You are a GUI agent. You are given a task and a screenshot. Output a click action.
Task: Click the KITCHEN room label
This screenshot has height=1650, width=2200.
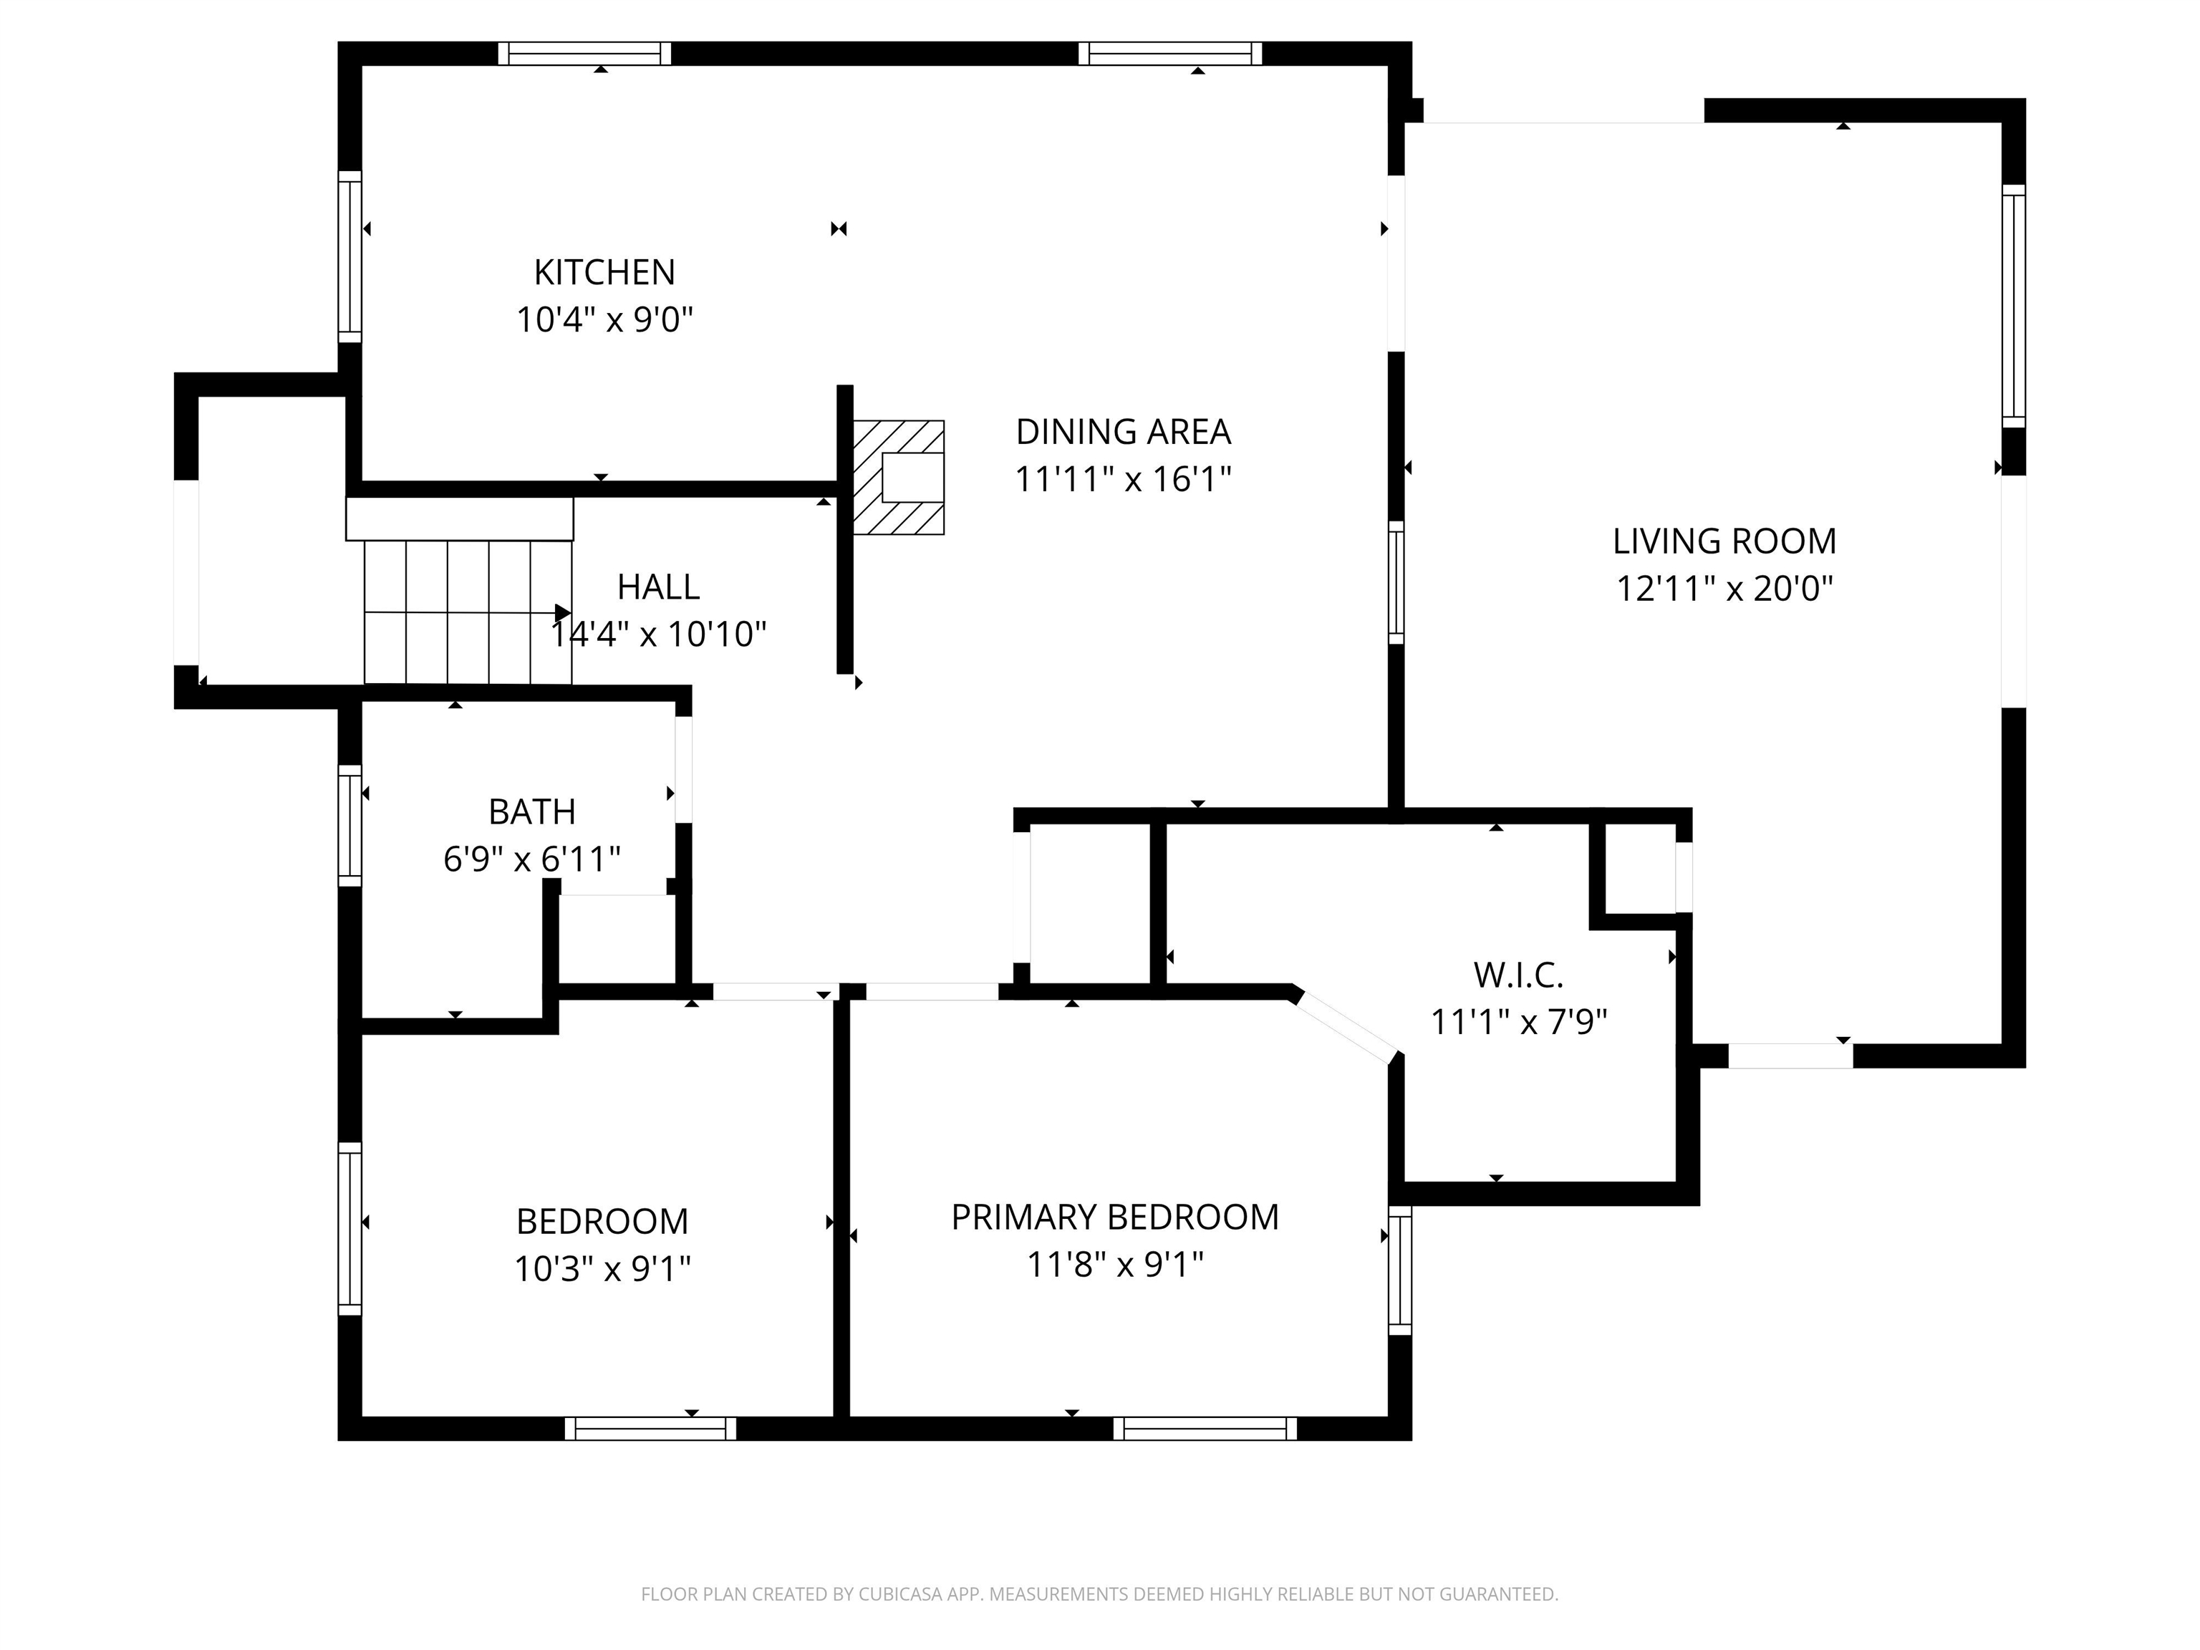[604, 271]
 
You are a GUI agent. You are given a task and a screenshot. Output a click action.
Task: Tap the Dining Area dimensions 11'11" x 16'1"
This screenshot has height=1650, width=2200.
[1123, 479]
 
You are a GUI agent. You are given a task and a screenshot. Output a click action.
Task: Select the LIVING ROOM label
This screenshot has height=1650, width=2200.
[1724, 541]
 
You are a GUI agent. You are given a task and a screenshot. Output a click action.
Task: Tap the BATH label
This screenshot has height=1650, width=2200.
[531, 811]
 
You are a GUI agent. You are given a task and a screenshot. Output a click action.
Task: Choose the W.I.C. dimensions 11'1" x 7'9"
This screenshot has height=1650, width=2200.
[1518, 1021]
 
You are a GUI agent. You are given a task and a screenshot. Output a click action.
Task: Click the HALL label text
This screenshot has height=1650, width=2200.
[657, 587]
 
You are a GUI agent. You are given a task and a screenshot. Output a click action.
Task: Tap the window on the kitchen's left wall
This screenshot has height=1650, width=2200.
[349, 256]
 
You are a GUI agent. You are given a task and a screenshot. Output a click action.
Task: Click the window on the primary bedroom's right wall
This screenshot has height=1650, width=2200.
[1399, 1270]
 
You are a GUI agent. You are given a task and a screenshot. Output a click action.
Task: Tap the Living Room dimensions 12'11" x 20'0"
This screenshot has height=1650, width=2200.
[1724, 589]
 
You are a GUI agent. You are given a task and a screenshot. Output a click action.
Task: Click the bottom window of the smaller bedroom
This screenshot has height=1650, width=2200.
[650, 1428]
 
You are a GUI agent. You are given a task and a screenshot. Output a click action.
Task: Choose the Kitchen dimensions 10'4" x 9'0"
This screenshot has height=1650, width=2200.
[604, 320]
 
